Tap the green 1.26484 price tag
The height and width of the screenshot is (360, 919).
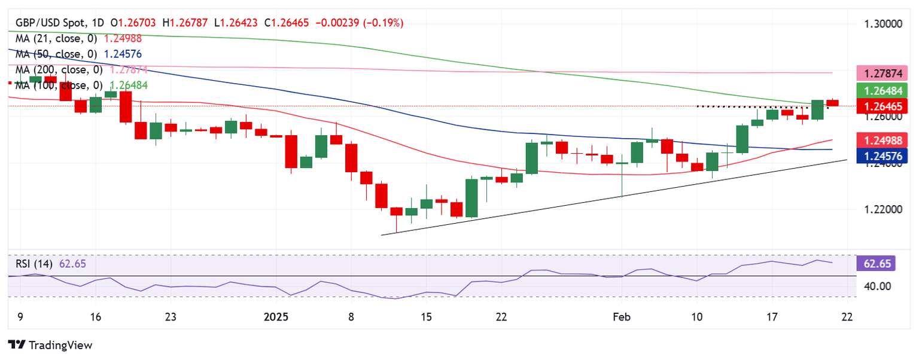[x=884, y=91]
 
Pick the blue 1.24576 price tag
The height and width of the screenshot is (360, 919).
[x=884, y=156]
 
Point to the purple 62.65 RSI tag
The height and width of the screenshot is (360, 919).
[x=876, y=263]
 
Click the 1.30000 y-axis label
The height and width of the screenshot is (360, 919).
[x=884, y=24]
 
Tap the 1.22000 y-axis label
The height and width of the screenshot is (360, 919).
[x=884, y=209]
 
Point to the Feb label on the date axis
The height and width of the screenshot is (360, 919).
[x=622, y=316]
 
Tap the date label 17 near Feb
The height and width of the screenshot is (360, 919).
[x=772, y=316]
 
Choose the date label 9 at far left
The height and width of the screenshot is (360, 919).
[x=20, y=316]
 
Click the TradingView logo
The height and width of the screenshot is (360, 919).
[x=50, y=346]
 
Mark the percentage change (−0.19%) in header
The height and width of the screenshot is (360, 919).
[x=385, y=23]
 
